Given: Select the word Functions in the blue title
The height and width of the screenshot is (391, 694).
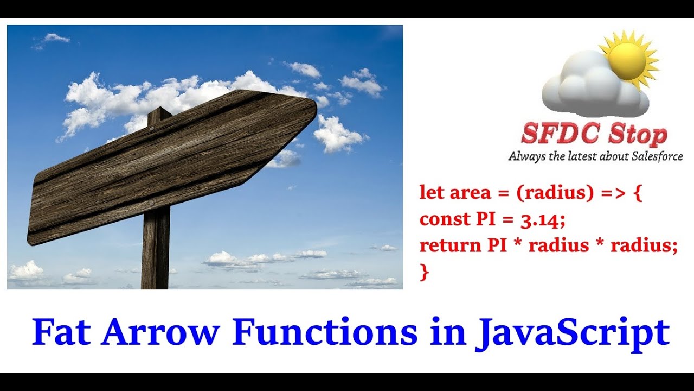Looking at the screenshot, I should tap(325, 333).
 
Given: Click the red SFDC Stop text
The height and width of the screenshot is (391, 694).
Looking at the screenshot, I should tap(594, 134).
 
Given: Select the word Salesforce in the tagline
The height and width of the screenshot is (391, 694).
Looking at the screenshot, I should tap(657, 156).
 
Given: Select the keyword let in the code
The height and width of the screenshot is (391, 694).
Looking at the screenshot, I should tap(431, 193).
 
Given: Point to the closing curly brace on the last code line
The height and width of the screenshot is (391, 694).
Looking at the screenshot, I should tap(424, 272).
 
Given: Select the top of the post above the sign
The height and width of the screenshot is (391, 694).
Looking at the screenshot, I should tap(159, 113).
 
